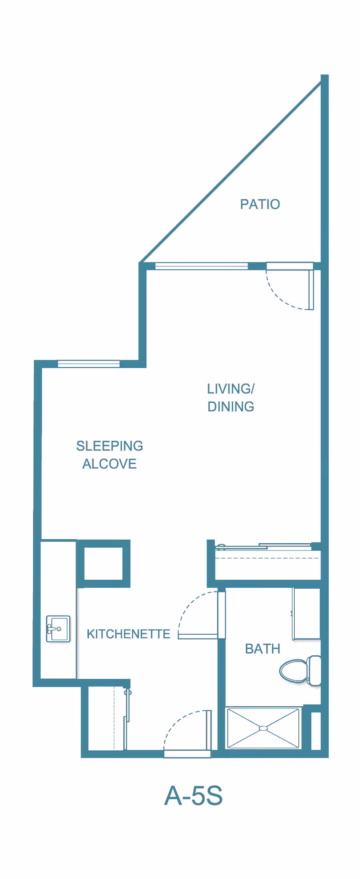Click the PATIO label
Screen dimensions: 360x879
[x=260, y=204]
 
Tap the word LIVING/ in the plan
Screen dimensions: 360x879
[x=231, y=388]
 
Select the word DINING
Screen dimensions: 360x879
[x=231, y=406]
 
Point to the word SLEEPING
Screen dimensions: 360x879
[x=110, y=446]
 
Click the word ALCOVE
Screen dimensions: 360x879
[x=109, y=464]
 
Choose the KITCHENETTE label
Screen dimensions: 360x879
[x=129, y=634]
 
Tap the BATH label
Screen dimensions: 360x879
[x=263, y=649]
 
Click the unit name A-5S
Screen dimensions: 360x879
[x=193, y=796]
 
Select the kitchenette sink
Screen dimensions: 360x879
[x=58, y=628]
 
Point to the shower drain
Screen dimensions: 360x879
[x=264, y=728]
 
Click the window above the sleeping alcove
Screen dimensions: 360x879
[x=89, y=364]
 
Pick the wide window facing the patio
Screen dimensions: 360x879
[x=202, y=266]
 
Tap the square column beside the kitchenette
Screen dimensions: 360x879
[x=103, y=563]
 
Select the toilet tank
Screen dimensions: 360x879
[x=315, y=670]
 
